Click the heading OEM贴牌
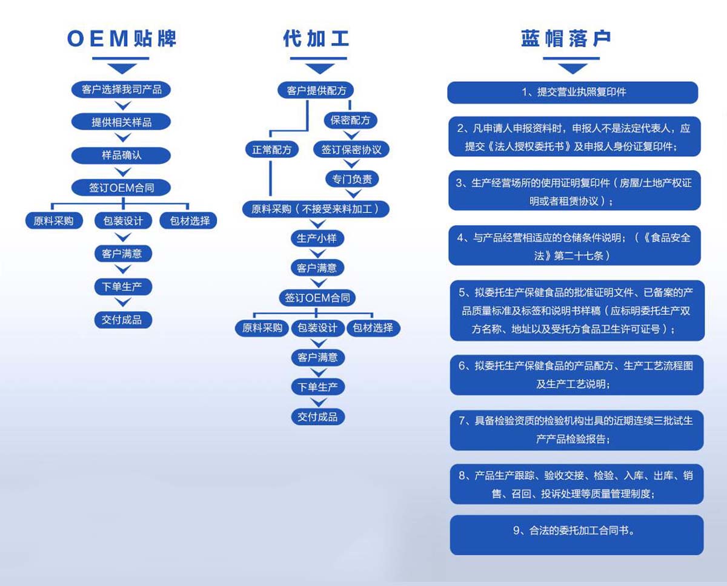pyautogui.click(x=122, y=39)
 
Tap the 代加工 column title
pyautogui.click(x=316, y=39)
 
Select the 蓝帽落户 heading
pyautogui.click(x=566, y=39)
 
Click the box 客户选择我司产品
pyautogui.click(x=121, y=90)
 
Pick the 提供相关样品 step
pyautogui.click(x=121, y=122)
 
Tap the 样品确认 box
pyautogui.click(x=121, y=155)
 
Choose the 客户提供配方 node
pyautogui.click(x=316, y=90)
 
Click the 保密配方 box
pyautogui.click(x=350, y=120)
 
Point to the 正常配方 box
pyautogui.click(x=272, y=150)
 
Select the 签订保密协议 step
pyautogui.click(x=351, y=150)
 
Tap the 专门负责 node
pyautogui.click(x=352, y=179)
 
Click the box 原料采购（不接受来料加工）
pyautogui.click(x=316, y=209)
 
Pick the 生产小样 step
pyautogui.click(x=317, y=239)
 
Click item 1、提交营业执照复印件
pyautogui.click(x=573, y=93)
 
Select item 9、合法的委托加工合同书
pyautogui.click(x=577, y=535)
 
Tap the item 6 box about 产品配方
pyautogui.click(x=577, y=375)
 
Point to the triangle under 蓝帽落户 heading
pyautogui.click(x=573, y=69)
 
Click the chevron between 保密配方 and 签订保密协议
pyautogui.click(x=351, y=135)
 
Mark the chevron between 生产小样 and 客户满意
pyautogui.click(x=317, y=254)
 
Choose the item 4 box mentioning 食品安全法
pyautogui.click(x=575, y=245)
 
